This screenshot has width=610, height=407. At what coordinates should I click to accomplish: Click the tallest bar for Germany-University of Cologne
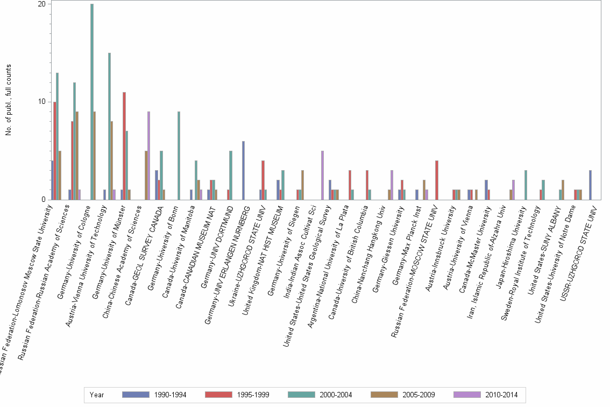pos(92,102)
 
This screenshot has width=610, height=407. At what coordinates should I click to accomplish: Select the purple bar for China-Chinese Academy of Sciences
pos(148,156)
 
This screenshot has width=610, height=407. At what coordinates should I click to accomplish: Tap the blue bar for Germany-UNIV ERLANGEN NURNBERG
pos(243,170)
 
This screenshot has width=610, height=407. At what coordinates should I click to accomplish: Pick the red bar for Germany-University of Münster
pos(124,146)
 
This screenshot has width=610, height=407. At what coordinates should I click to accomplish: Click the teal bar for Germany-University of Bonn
pos(179,156)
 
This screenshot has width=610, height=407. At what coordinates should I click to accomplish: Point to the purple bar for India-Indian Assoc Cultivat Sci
pos(322,175)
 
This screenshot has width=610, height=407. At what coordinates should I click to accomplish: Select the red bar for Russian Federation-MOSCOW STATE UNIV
pos(437,180)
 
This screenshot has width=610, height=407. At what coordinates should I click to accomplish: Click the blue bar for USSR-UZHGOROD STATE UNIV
pos(590,185)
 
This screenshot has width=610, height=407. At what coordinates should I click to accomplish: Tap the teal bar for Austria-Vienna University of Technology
pos(109,126)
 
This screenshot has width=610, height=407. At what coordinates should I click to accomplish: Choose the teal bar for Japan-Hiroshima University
pos(526,185)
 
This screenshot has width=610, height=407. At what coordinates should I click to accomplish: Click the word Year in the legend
pos(97,395)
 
